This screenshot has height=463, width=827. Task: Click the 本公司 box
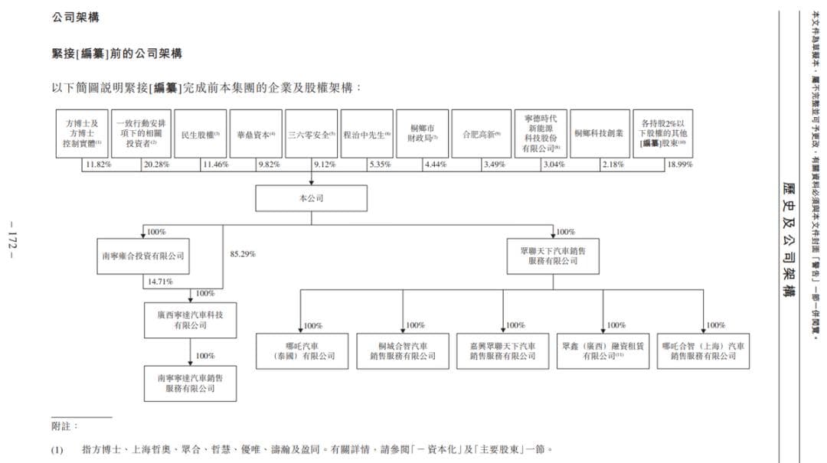(311, 198)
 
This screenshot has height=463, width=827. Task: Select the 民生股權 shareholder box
(201, 134)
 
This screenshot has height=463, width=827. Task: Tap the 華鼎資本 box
(256, 134)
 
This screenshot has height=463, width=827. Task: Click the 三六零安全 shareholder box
(312, 134)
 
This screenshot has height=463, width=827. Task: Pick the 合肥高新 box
(481, 134)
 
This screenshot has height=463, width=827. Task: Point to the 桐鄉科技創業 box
(599, 134)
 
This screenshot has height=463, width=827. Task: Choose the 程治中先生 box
(367, 134)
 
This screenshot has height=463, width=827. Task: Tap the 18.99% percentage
(679, 165)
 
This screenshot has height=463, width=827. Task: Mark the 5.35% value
(380, 165)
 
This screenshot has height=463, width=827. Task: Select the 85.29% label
(243, 253)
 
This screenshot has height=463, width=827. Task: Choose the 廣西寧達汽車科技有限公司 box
(191, 320)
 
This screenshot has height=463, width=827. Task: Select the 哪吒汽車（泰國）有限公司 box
(301, 351)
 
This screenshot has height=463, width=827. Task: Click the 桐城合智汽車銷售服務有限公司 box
(403, 351)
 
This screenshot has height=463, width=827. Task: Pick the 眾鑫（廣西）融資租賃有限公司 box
(603, 351)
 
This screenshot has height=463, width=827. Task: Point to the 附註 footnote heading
(64, 426)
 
